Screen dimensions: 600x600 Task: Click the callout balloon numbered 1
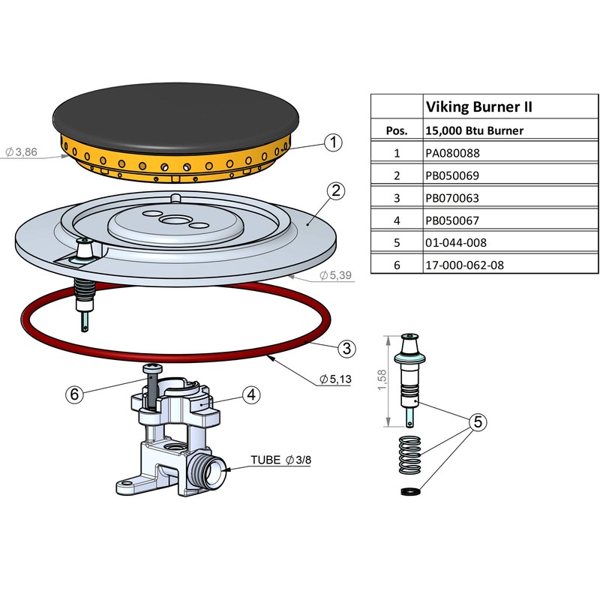tap(334, 141)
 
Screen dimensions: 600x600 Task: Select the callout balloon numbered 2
tap(336, 190)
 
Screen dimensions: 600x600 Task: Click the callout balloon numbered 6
tap(73, 394)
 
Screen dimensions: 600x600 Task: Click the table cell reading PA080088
tap(451, 153)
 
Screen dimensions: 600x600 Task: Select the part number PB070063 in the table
tap(451, 198)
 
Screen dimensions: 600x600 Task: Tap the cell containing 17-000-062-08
tap(462, 265)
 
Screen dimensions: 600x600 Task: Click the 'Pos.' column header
tap(397, 130)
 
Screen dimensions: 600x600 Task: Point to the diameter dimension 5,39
tap(336, 275)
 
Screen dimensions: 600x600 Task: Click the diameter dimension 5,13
tap(335, 379)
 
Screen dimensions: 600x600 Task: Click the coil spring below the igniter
tap(409, 454)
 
